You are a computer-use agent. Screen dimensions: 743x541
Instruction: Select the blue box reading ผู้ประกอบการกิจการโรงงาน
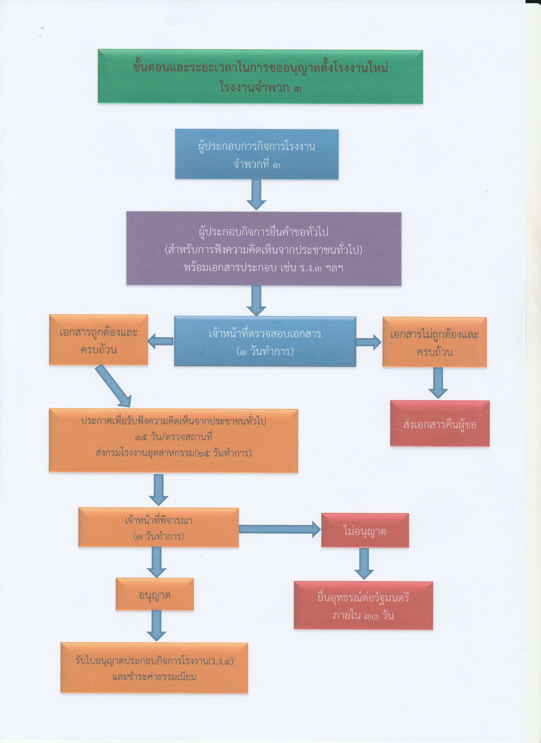(256, 154)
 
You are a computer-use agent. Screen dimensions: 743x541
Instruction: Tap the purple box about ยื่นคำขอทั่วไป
(264, 248)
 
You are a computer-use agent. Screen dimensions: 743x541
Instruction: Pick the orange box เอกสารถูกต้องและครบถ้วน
(98, 340)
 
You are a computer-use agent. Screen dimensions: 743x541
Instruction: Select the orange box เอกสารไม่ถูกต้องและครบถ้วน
(434, 342)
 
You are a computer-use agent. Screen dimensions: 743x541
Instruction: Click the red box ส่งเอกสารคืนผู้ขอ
(439, 423)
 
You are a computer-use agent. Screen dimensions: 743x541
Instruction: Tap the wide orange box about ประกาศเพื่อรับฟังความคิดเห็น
(173, 440)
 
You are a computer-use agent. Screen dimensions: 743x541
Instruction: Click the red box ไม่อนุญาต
(365, 530)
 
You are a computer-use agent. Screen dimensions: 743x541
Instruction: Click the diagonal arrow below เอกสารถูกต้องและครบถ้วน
(113, 386)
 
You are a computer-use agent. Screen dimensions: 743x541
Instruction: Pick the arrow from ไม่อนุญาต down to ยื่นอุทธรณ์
(364, 563)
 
